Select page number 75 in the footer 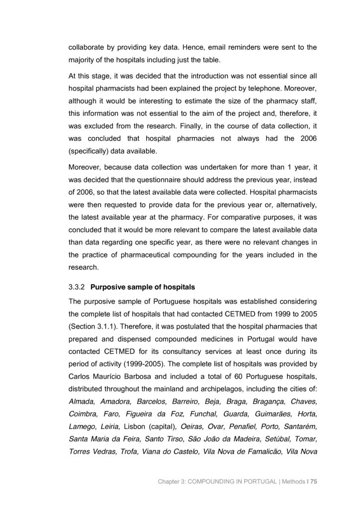[x=313, y=482]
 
